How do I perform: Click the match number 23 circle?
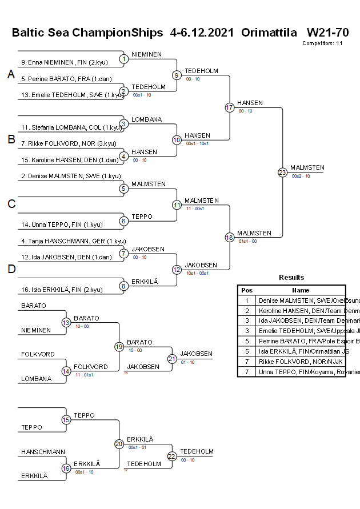282,172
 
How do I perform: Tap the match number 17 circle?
230,107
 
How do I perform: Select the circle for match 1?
124,59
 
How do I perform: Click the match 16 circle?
66,468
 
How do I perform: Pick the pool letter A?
11,75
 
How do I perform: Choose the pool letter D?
11,269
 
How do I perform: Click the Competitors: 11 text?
322,43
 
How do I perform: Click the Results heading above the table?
291,277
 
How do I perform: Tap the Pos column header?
247,290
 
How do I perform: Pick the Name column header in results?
301,290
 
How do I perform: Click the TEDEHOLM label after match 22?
197,451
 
